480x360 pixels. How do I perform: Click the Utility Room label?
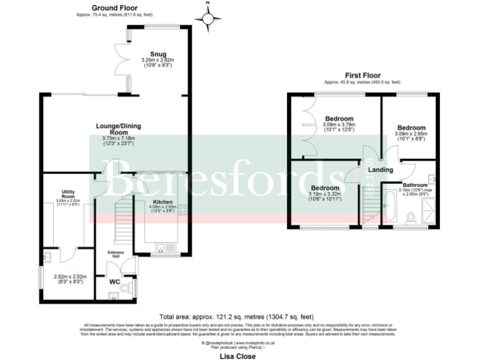click(69, 194)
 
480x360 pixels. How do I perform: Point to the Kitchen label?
click(162, 202)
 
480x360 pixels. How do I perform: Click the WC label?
click(114, 281)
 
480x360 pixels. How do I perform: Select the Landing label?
click(380, 170)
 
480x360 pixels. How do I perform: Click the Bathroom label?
click(414, 185)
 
